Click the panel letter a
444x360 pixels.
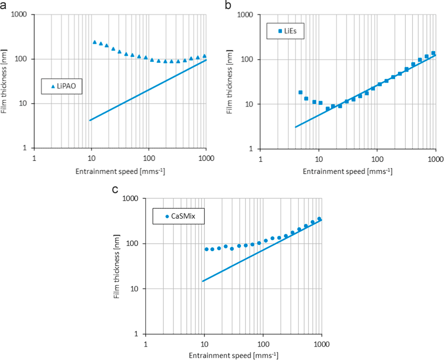(x=4, y=5)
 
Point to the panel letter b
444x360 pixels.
(x=228, y=5)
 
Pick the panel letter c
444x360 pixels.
(x=115, y=190)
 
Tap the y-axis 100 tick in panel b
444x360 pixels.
(x=249, y=60)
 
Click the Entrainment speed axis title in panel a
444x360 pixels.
(x=120, y=172)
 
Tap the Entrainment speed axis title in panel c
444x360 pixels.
(x=234, y=356)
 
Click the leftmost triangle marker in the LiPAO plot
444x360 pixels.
(x=95, y=42)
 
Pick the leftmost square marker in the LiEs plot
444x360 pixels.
(x=301, y=92)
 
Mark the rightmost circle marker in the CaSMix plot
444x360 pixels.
(x=319, y=219)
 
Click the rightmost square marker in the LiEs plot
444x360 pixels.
(x=433, y=53)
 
